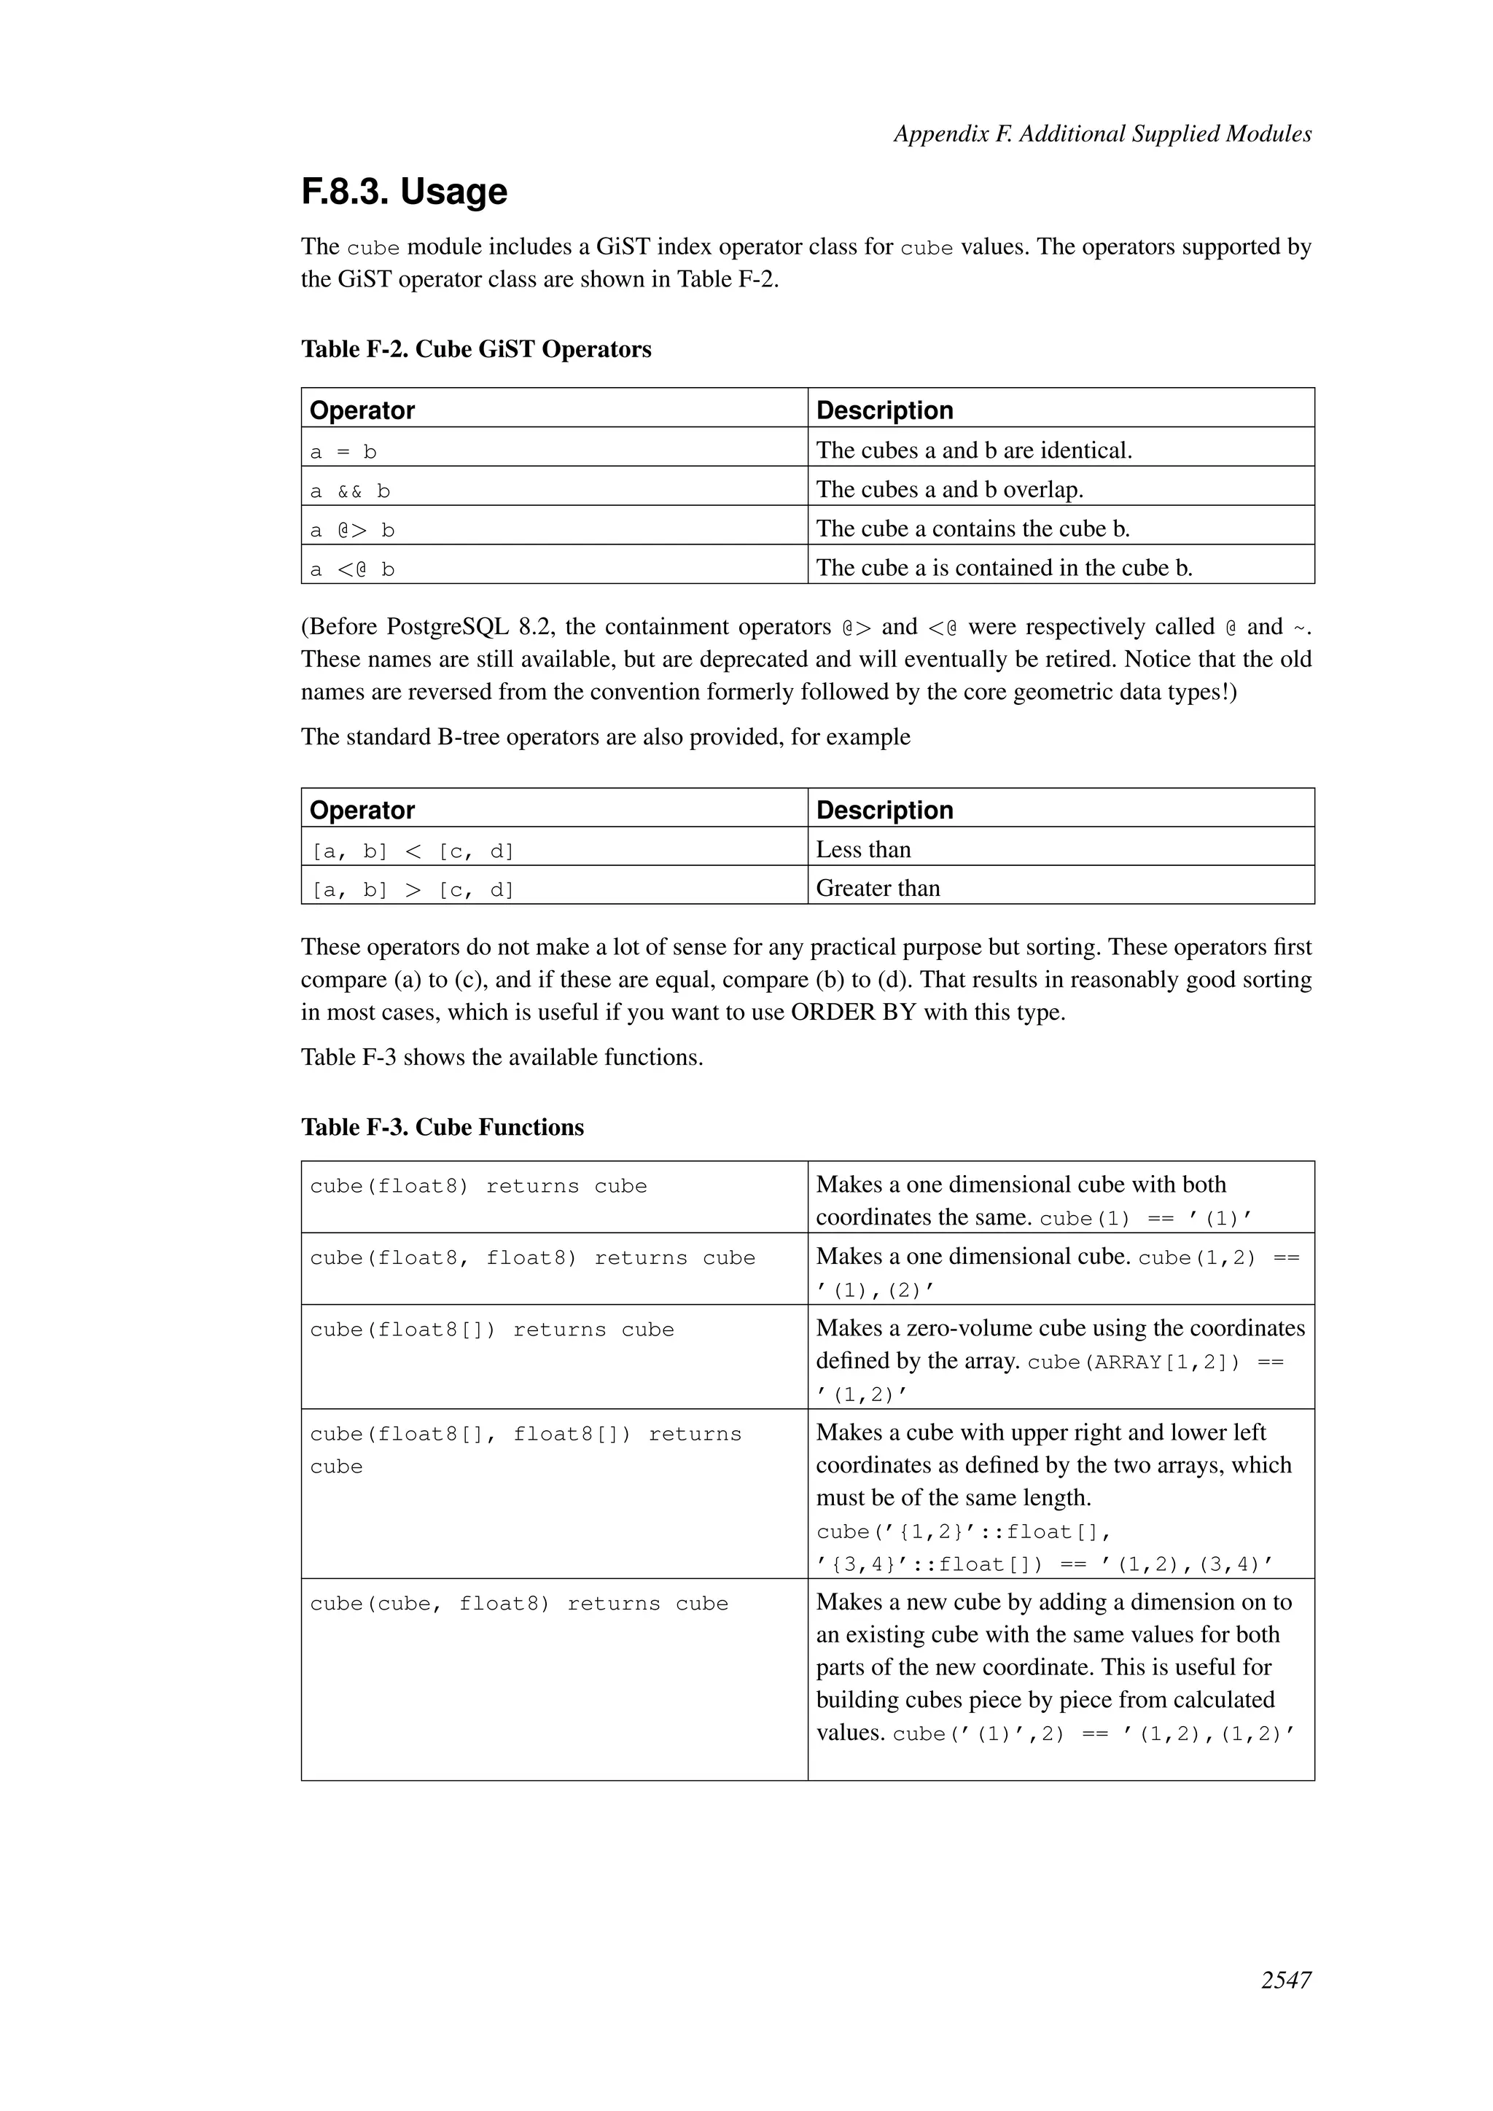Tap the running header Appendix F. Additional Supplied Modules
pyautogui.click(x=1102, y=134)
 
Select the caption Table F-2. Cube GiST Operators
pyautogui.click(x=476, y=349)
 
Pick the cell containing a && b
pyautogui.click(x=350, y=491)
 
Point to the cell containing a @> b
pyautogui.click(x=352, y=531)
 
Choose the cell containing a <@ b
pyautogui.click(x=352, y=569)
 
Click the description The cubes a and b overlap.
pyautogui.click(x=948, y=490)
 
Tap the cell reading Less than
pyautogui.click(x=862, y=849)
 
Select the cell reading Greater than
pyautogui.click(x=877, y=888)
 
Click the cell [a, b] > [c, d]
pyautogui.click(x=412, y=890)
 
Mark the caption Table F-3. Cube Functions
pyautogui.click(x=443, y=1127)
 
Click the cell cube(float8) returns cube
pyautogui.click(x=478, y=1187)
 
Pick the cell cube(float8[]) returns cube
pyautogui.click(x=492, y=1330)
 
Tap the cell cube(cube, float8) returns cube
pyautogui.click(x=518, y=1604)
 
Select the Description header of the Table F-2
pyautogui.click(x=884, y=410)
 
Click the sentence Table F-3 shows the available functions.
pyautogui.click(x=502, y=1058)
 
